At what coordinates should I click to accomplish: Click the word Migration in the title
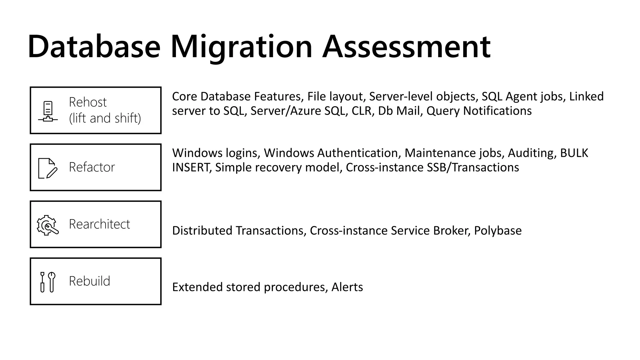[241, 47]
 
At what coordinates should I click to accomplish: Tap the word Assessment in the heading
[406, 47]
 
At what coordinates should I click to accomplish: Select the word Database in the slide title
[94, 47]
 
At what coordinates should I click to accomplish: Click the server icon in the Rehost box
[48, 111]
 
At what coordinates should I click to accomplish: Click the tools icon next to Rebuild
[47, 282]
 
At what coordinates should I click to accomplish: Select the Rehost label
[87, 102]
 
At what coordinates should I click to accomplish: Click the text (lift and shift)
[105, 118]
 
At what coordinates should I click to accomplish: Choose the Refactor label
[92, 167]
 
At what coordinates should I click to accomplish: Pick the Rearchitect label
[99, 224]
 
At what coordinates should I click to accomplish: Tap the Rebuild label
[89, 281]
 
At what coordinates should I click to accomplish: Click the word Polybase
[497, 231]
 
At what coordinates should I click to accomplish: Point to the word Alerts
[347, 287]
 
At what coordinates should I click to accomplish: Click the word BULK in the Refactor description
[574, 153]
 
